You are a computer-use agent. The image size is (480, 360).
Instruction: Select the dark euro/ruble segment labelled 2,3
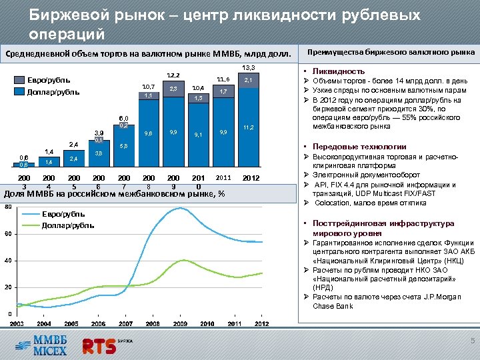(x=173, y=89)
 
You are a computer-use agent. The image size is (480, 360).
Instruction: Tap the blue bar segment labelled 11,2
(x=249, y=127)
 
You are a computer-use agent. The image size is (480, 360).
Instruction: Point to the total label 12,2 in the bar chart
(x=173, y=75)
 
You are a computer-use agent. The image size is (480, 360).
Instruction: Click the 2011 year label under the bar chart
(x=223, y=178)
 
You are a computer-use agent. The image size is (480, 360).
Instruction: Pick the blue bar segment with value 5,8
(x=123, y=146)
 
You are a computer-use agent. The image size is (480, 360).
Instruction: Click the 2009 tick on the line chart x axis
(x=180, y=323)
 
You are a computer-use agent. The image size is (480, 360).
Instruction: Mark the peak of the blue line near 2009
(x=179, y=208)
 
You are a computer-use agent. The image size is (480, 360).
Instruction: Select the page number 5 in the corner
(x=471, y=343)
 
